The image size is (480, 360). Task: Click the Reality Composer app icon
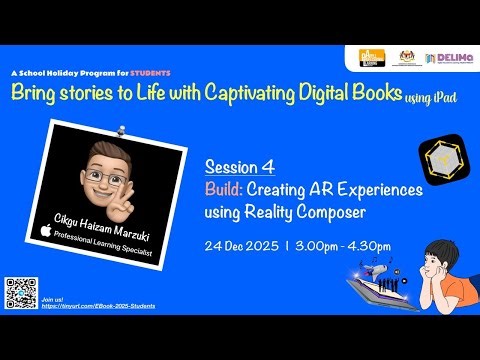click(439, 161)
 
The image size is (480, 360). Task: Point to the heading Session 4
click(239, 166)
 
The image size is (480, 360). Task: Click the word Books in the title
click(366, 93)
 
